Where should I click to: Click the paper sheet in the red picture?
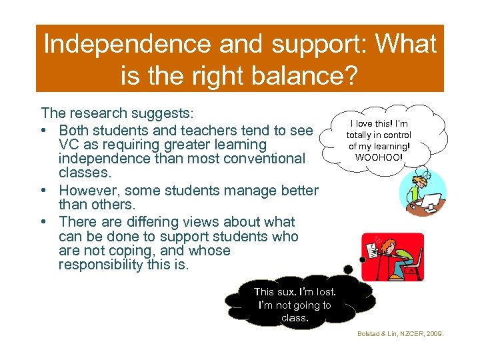pos(371,250)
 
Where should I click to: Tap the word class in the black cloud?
pos(293,318)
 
